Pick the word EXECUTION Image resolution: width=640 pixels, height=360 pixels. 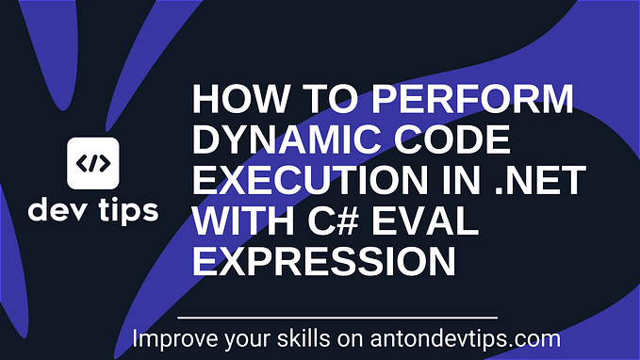click(291, 183)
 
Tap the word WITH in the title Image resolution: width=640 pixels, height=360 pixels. click(236, 223)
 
